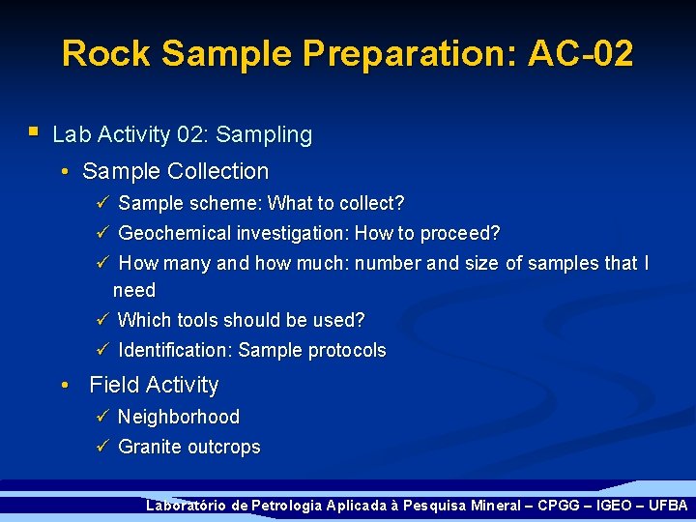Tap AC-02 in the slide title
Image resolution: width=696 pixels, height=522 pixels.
(580, 53)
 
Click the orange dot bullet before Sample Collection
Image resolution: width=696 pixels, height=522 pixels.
(63, 173)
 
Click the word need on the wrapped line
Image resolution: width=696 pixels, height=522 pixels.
(133, 290)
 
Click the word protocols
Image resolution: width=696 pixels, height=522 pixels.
(346, 351)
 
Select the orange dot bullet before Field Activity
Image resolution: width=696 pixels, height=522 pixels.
(63, 387)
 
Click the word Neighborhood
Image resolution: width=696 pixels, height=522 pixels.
(179, 418)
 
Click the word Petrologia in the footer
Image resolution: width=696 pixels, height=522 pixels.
(286, 506)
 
